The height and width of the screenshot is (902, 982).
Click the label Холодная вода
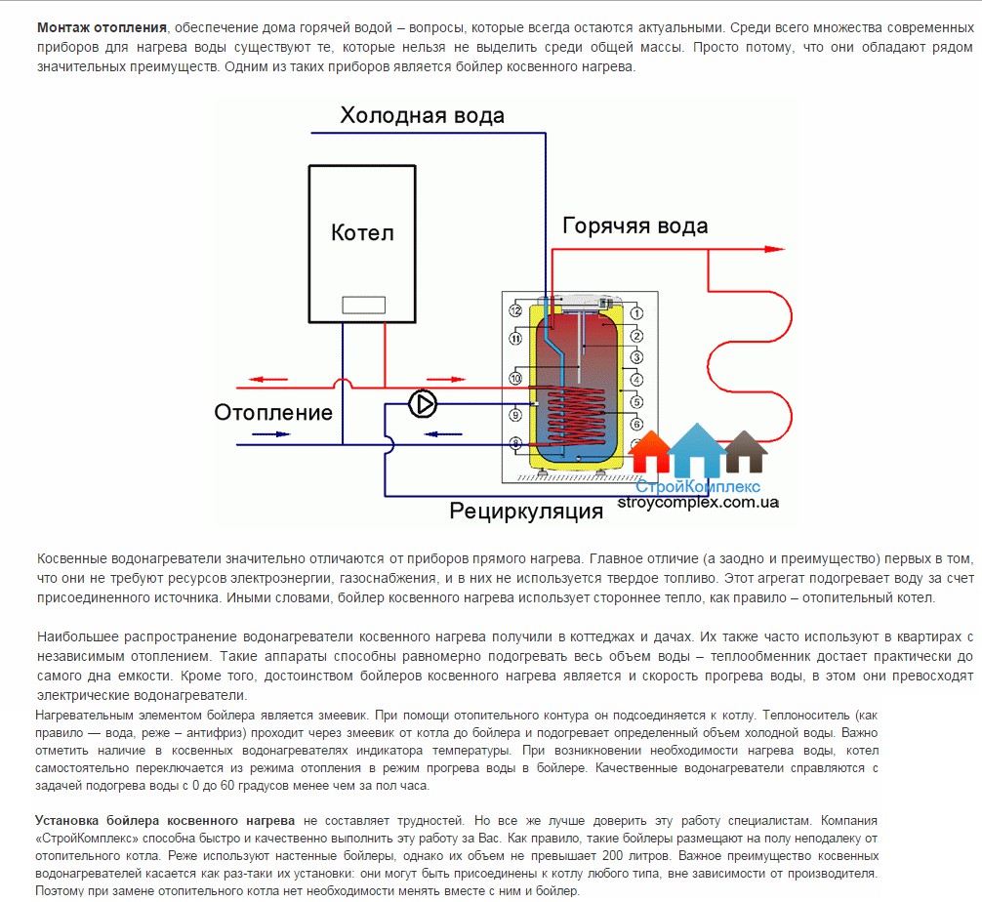coord(422,116)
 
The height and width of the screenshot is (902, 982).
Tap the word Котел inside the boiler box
coord(362,232)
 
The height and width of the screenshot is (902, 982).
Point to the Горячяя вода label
coord(634,226)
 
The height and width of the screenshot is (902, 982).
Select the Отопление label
coord(273,412)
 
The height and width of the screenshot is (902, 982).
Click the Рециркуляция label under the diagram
coord(526,511)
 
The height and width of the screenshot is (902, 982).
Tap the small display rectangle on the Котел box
coord(362,305)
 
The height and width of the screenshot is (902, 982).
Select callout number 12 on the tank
coord(516,310)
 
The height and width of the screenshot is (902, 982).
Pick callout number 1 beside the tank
coord(636,312)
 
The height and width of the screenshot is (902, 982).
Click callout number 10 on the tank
coord(516,378)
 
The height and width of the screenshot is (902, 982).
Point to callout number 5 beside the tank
coord(636,402)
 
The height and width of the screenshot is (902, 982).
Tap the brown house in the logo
coord(746,452)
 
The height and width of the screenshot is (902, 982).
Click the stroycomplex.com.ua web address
coord(698,503)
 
